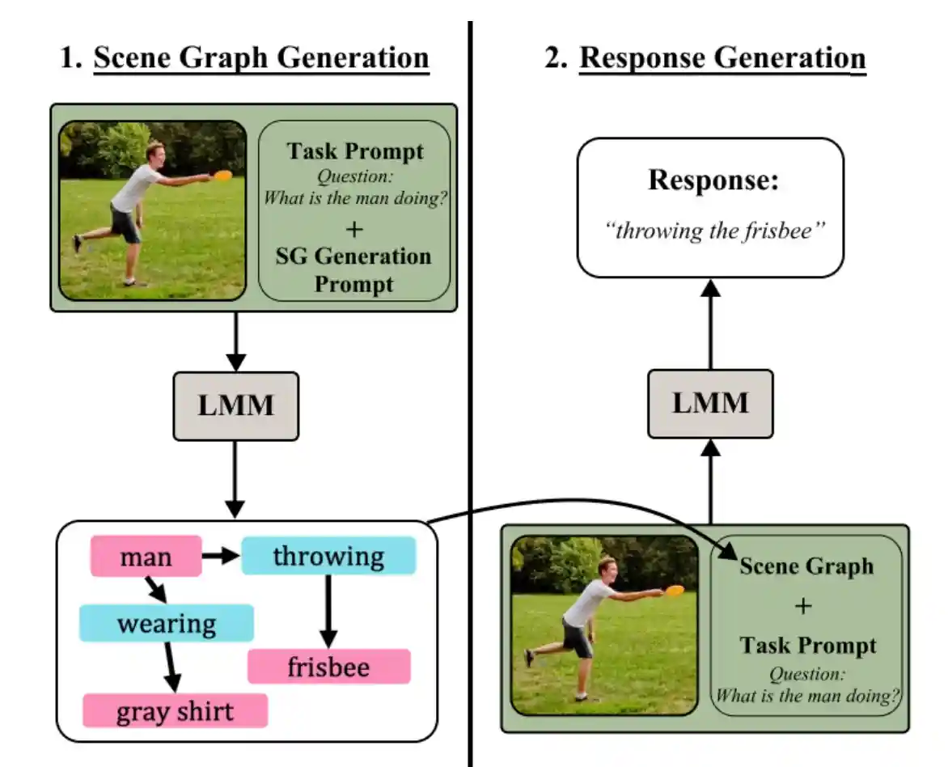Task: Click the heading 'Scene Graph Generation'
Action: tap(261, 58)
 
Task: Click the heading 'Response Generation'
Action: tap(722, 58)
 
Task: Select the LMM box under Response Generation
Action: tap(710, 404)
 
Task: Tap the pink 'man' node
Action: tap(146, 557)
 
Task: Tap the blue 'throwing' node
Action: tap(328, 556)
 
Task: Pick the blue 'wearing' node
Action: tap(166, 624)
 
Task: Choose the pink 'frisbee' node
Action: tap(328, 667)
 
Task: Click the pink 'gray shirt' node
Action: tap(175, 711)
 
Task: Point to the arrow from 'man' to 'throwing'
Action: tap(221, 557)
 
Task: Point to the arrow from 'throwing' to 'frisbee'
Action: tap(328, 612)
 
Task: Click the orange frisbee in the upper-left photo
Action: tap(222, 174)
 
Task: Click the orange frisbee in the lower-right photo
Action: tap(675, 590)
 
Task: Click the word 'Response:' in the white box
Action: tap(713, 180)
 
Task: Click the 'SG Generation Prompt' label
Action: tap(354, 270)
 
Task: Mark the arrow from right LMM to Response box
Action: tap(710, 324)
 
